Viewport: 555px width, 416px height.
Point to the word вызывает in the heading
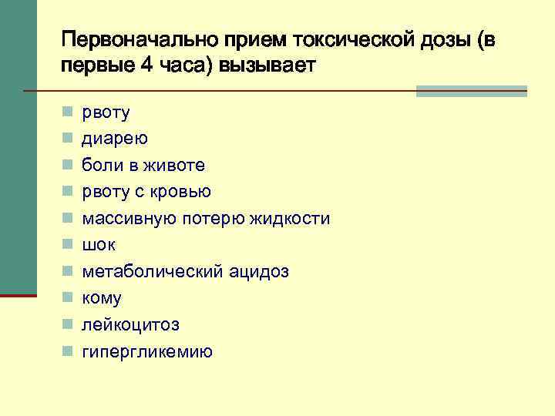[267, 65]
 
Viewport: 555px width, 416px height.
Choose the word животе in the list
[180, 166]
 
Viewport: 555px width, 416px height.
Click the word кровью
[180, 192]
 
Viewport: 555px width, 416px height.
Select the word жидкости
[290, 219]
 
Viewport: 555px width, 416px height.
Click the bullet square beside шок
[68, 245]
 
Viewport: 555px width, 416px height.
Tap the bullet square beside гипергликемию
[68, 352]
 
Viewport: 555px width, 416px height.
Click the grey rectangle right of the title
[471, 91]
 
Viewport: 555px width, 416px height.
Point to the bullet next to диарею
[68, 139]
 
